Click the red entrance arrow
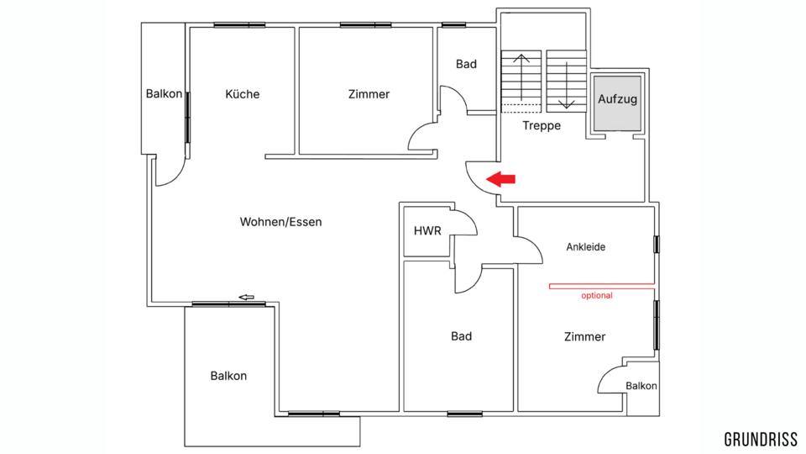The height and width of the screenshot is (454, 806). click(x=500, y=179)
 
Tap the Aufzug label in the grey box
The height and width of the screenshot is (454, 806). click(x=617, y=99)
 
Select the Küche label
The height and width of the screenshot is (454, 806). click(x=242, y=94)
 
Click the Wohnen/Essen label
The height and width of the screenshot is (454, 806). click(x=280, y=222)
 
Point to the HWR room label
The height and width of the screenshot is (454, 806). click(x=427, y=230)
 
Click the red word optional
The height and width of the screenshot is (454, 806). click(x=597, y=295)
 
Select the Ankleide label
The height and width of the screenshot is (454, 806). click(x=585, y=247)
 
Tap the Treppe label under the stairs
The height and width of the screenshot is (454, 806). click(x=542, y=125)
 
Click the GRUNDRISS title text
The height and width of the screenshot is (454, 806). click(x=761, y=440)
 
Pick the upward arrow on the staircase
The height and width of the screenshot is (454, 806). click(x=521, y=77)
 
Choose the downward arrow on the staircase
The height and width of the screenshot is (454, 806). click(x=567, y=85)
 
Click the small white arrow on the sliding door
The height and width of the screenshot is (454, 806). click(x=247, y=297)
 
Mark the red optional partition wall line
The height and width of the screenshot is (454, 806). click(x=602, y=286)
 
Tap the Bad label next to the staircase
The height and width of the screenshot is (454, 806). click(x=466, y=65)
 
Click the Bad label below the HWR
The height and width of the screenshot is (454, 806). click(x=461, y=336)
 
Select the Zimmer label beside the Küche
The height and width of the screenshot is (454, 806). click(x=369, y=94)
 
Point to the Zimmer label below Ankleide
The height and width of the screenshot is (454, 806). click(x=584, y=336)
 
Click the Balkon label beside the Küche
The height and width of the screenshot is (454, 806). click(x=164, y=93)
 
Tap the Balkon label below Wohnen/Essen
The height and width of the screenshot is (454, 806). click(x=228, y=376)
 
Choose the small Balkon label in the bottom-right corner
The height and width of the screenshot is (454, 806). click(x=641, y=386)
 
